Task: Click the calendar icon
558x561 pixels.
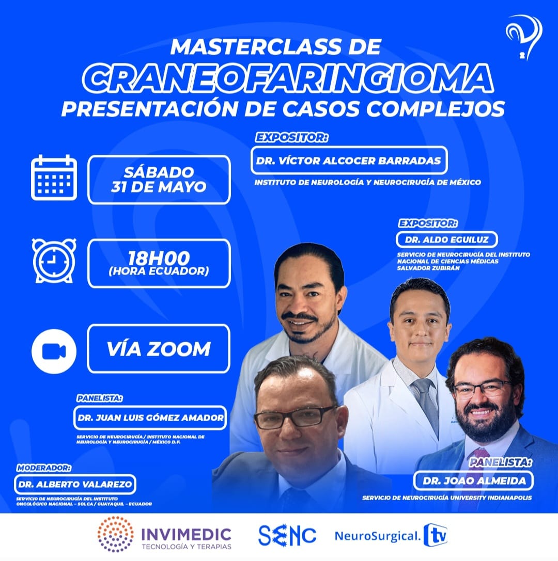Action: (54, 178)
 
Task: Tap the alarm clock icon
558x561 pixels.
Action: (54, 260)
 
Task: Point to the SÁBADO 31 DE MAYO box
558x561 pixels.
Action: (159, 179)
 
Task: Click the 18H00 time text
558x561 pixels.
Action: (159, 258)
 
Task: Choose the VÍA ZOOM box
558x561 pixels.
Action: (159, 349)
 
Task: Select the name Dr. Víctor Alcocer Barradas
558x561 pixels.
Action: (348, 161)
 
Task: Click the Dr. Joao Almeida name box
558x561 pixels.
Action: (473, 480)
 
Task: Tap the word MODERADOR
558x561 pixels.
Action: (43, 468)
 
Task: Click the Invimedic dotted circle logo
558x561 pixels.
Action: (116, 534)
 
